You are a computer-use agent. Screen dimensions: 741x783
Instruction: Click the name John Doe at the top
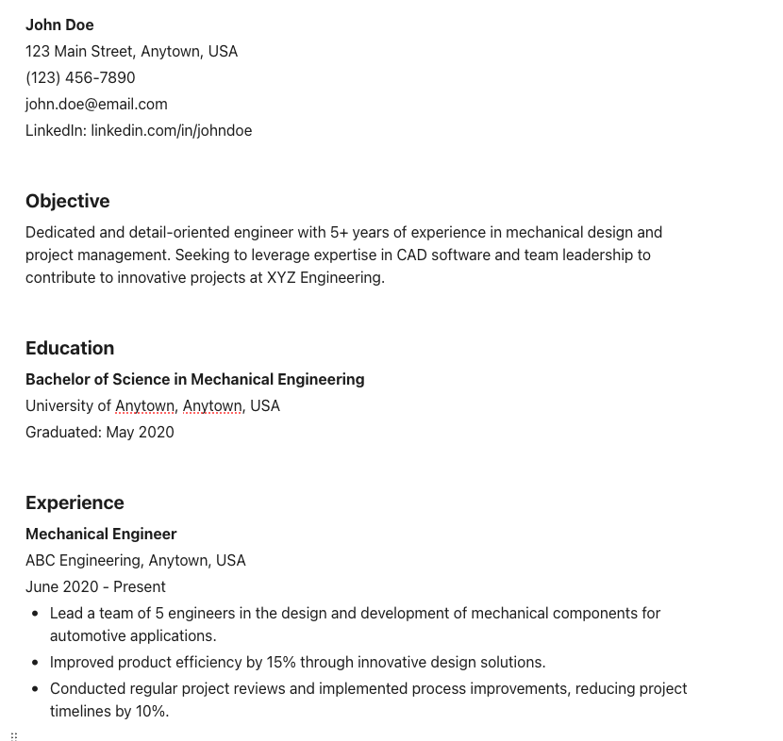tap(59, 25)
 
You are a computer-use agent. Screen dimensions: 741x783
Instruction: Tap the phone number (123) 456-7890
tap(80, 77)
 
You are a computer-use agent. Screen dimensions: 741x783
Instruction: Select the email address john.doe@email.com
tap(96, 104)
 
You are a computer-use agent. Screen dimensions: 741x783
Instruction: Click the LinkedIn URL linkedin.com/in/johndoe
tap(171, 130)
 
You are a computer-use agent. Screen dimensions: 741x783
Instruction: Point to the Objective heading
tap(67, 201)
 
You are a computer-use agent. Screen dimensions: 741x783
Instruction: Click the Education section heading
tap(70, 348)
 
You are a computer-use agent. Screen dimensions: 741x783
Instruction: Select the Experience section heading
tap(75, 502)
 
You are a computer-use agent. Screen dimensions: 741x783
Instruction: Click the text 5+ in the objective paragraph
tap(339, 232)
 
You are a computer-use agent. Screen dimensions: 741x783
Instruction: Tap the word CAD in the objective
tap(411, 255)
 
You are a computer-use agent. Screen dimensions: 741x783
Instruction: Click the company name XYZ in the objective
tap(281, 277)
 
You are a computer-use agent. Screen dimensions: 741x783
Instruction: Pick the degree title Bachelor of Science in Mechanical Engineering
tap(194, 379)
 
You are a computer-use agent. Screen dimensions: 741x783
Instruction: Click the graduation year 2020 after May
tap(157, 432)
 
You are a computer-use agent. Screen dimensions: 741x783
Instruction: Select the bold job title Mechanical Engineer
tap(101, 534)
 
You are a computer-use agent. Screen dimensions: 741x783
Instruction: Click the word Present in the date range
tap(139, 586)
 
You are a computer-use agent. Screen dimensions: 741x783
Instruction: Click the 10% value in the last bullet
tap(152, 711)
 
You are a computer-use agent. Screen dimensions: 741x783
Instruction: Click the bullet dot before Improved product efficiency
tap(35, 662)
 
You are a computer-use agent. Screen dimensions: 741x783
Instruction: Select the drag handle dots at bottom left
tap(14, 736)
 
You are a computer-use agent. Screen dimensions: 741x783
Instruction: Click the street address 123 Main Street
tap(79, 51)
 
